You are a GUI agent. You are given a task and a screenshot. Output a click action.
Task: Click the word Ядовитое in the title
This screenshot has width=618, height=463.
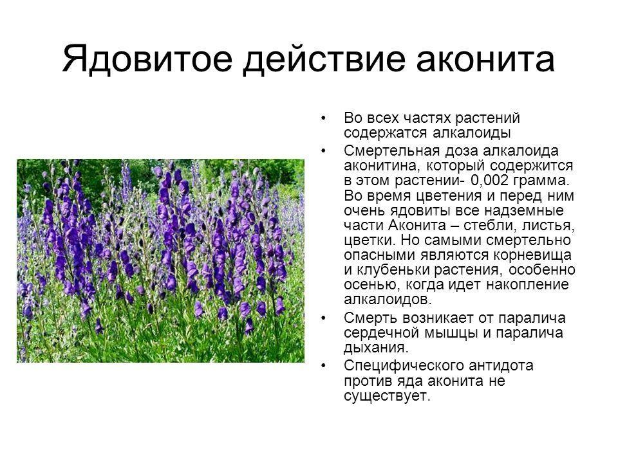point(147,59)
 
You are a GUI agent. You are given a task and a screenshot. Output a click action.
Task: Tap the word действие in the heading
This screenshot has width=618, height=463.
point(324,60)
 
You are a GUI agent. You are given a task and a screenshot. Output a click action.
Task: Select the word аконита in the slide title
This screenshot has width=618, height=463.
point(485,60)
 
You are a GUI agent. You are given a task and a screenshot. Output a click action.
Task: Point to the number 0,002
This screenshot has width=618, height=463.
point(490,181)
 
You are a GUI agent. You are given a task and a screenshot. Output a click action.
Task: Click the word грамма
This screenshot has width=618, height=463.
point(542,181)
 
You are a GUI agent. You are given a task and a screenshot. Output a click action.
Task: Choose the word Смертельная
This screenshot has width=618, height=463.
point(392,150)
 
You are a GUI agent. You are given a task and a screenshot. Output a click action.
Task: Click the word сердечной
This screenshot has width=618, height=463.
point(382,334)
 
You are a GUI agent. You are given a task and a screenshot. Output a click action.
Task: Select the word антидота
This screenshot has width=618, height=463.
point(501,366)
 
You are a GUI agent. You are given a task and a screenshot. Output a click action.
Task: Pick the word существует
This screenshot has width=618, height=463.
point(387,395)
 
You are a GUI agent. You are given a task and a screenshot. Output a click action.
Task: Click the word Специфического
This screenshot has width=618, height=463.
point(404,366)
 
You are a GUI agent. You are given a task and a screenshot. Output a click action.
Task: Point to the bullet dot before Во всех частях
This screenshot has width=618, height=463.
point(324,118)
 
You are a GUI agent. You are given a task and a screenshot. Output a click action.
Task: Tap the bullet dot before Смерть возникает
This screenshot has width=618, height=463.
point(324,318)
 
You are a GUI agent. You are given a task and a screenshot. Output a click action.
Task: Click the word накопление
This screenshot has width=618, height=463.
point(527,285)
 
